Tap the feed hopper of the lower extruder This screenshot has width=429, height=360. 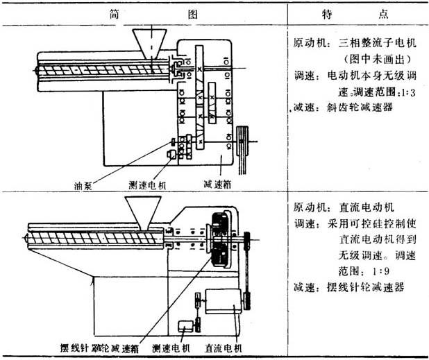140,212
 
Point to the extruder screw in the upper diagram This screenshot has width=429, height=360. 97,70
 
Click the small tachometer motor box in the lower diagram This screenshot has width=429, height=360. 185,325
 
